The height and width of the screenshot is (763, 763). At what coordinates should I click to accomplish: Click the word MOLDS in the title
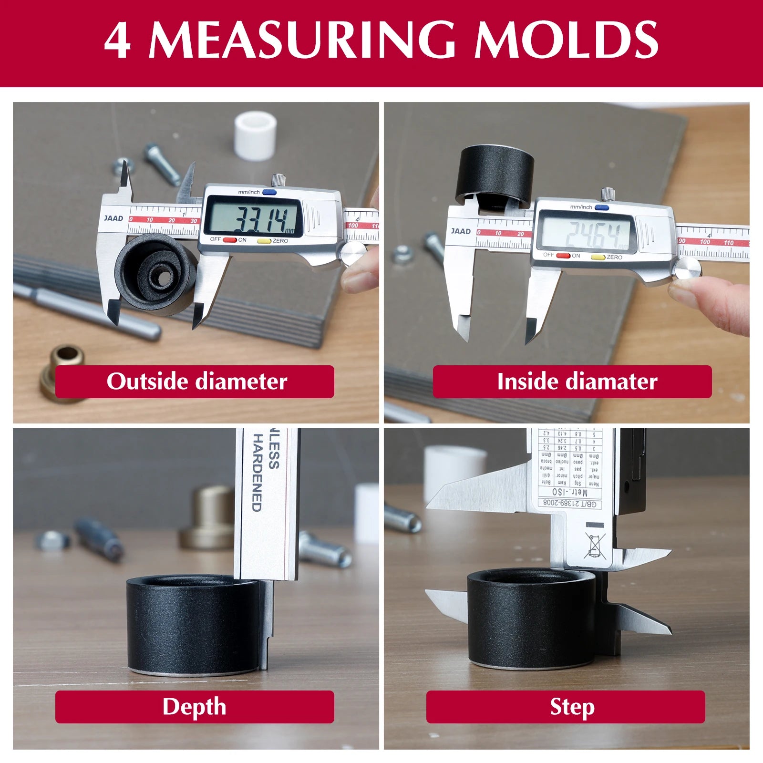566,40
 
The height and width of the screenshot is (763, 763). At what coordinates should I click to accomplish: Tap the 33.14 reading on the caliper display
260,219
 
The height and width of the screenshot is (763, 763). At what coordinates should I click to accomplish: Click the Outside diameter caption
195,381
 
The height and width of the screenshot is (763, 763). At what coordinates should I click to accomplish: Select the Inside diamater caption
572,381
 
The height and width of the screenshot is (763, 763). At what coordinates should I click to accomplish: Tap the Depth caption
195,707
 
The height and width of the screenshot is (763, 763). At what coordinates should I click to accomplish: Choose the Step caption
566,707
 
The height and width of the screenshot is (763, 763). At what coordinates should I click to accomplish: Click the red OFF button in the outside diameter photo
230,240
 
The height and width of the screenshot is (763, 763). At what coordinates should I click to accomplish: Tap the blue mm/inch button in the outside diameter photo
269,193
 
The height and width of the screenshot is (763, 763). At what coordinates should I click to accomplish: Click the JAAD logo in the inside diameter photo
461,231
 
